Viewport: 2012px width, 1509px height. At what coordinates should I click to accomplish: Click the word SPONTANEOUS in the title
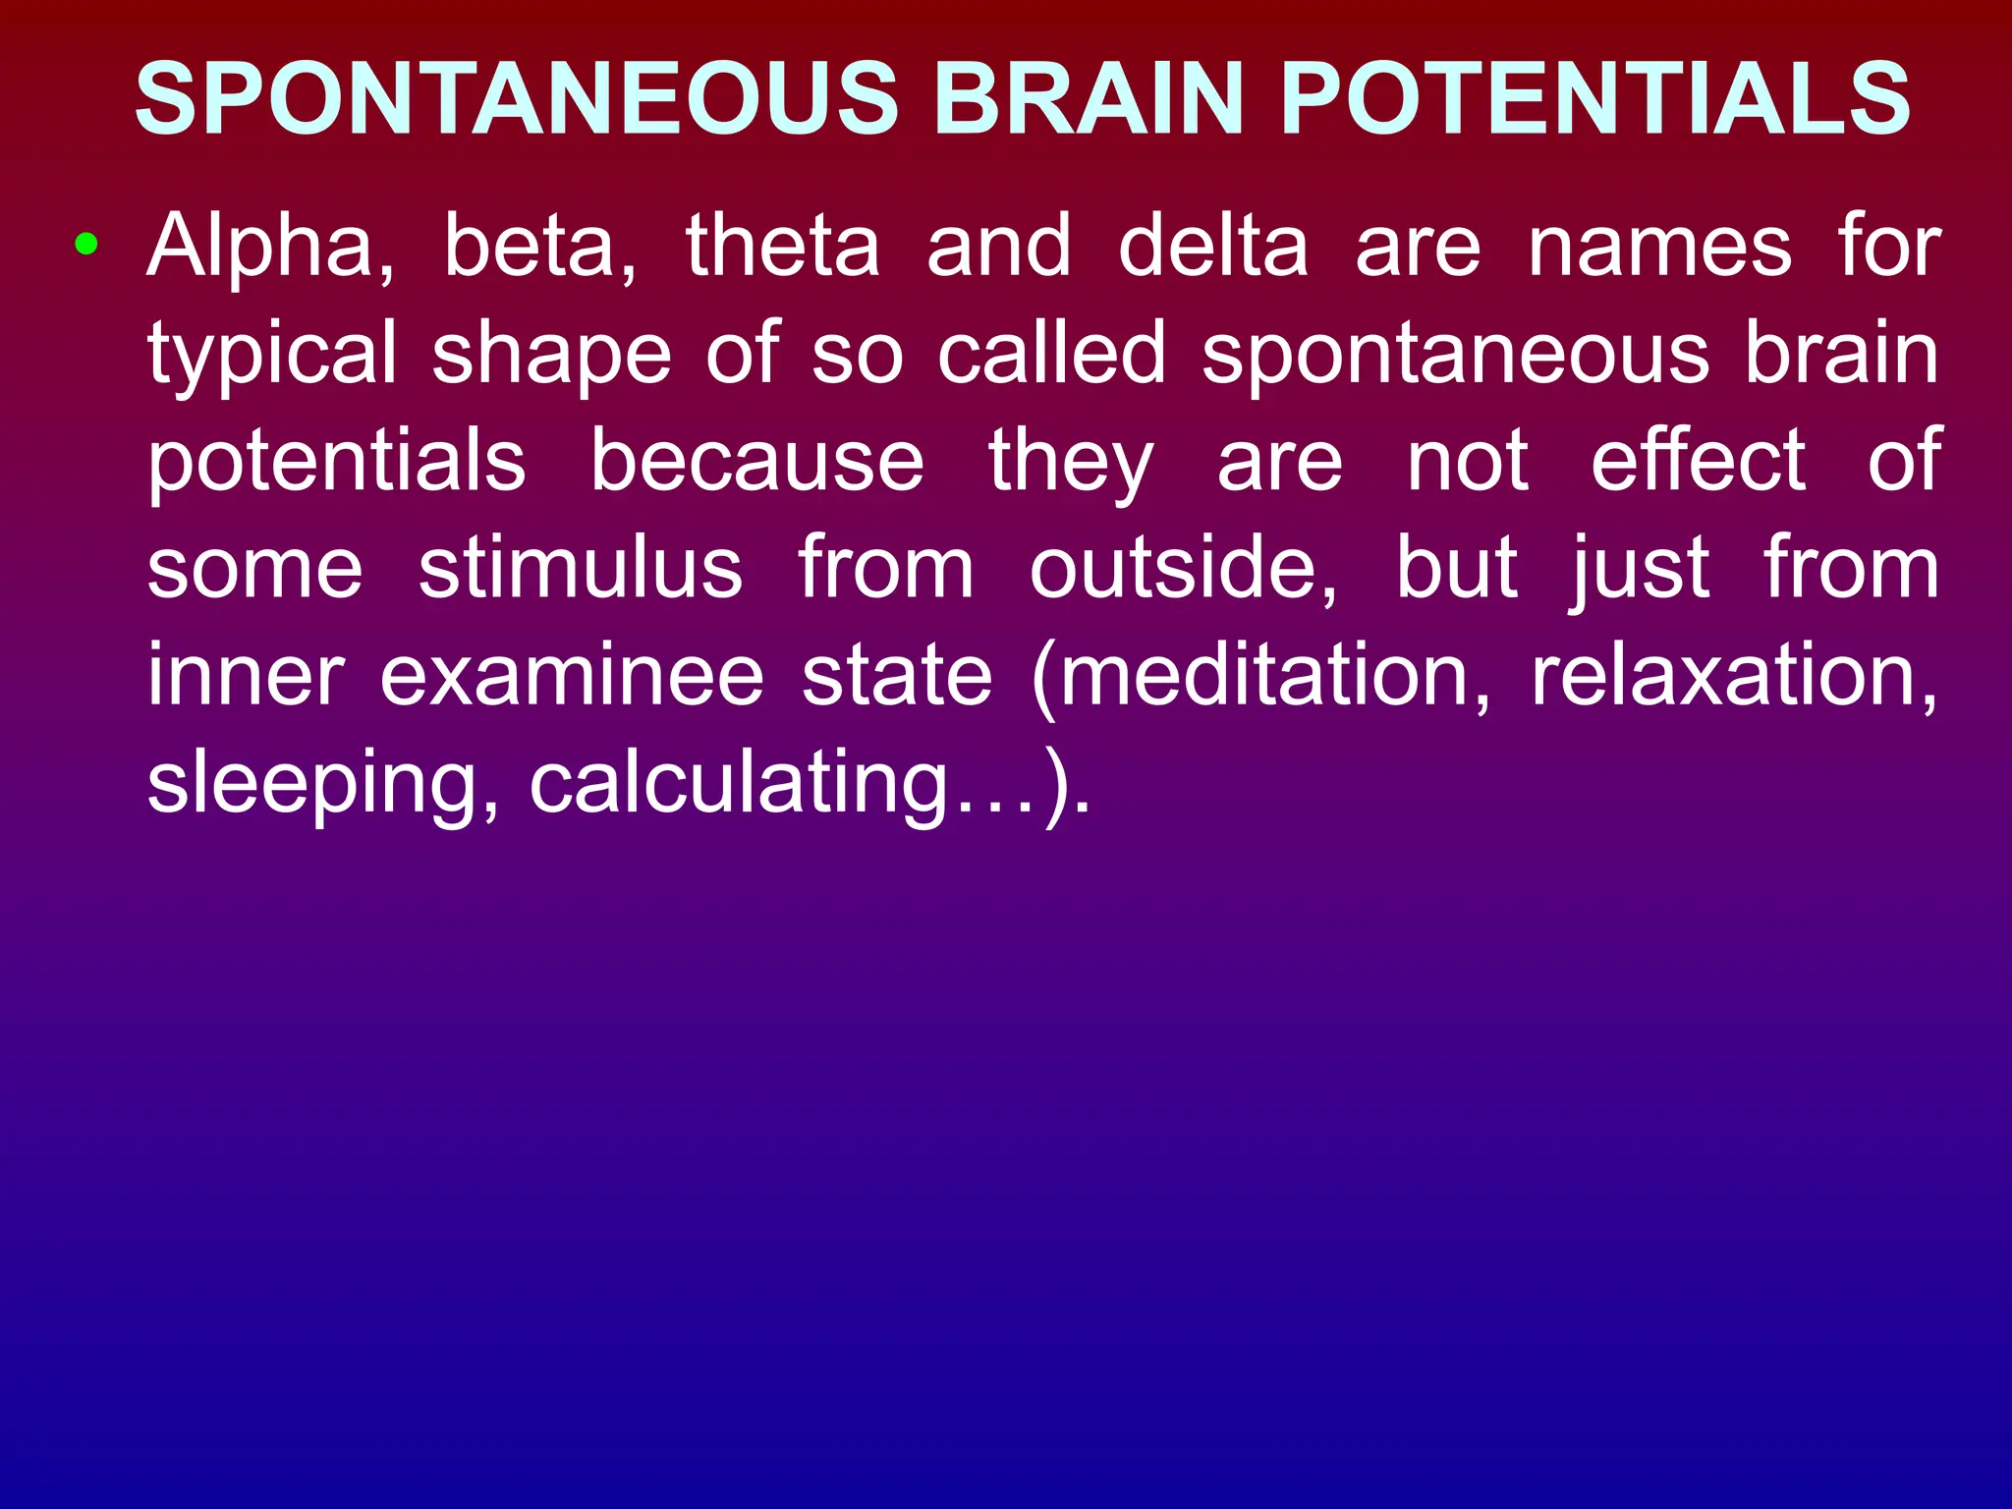[x=517, y=98]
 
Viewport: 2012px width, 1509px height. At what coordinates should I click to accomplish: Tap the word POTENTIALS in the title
[x=1595, y=98]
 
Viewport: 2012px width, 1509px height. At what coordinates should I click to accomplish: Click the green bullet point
[x=86, y=243]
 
